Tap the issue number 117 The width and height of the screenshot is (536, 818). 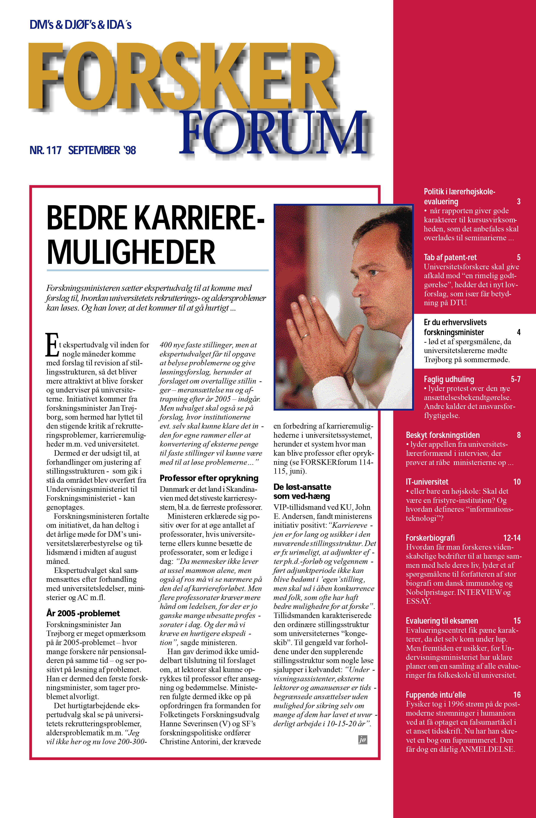pyautogui.click(x=54, y=150)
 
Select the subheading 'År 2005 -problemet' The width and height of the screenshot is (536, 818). pyautogui.click(x=83, y=613)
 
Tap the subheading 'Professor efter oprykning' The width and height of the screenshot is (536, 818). pyautogui.click(x=209, y=478)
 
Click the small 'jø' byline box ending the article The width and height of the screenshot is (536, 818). pyautogui.click(x=362, y=740)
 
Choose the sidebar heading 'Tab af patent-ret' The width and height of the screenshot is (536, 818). pyautogui.click(x=450, y=257)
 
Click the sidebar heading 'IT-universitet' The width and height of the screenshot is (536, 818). pyautogui.click(x=427, y=482)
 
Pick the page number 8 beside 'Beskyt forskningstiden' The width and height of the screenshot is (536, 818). pyautogui.click(x=518, y=435)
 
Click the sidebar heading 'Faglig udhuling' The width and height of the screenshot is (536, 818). pyautogui.click(x=449, y=379)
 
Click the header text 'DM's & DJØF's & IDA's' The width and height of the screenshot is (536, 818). pyautogui.click(x=81, y=25)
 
